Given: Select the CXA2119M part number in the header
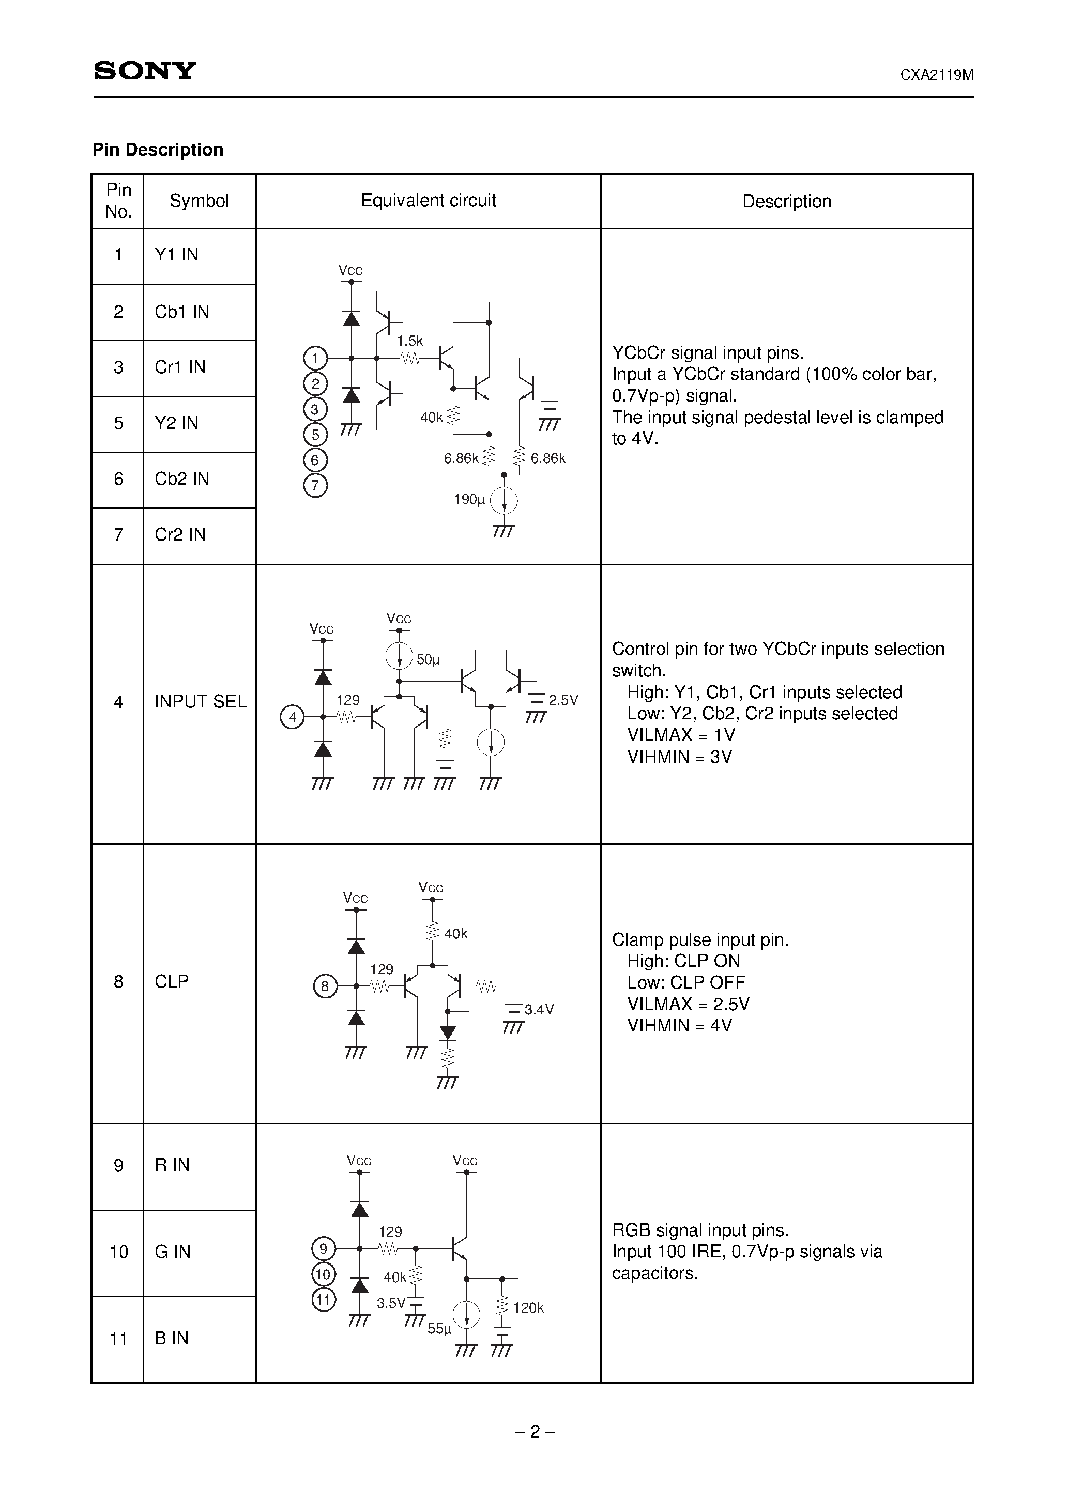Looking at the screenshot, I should (936, 75).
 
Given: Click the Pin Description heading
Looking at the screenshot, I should (158, 150).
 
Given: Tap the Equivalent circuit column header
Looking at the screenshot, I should (428, 201).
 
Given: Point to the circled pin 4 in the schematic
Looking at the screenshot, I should (293, 717).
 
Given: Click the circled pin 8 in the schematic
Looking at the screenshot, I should (325, 986).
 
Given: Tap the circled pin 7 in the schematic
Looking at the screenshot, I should (315, 486).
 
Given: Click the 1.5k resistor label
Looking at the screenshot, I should (409, 341).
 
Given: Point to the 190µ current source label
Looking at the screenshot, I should (469, 500).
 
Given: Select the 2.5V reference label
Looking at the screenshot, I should (563, 700).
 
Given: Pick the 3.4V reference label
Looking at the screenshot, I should (539, 1010).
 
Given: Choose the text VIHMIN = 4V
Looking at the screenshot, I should (679, 1025).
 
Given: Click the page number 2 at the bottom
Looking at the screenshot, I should (535, 1431).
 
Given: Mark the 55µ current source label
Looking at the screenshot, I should (439, 1328).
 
